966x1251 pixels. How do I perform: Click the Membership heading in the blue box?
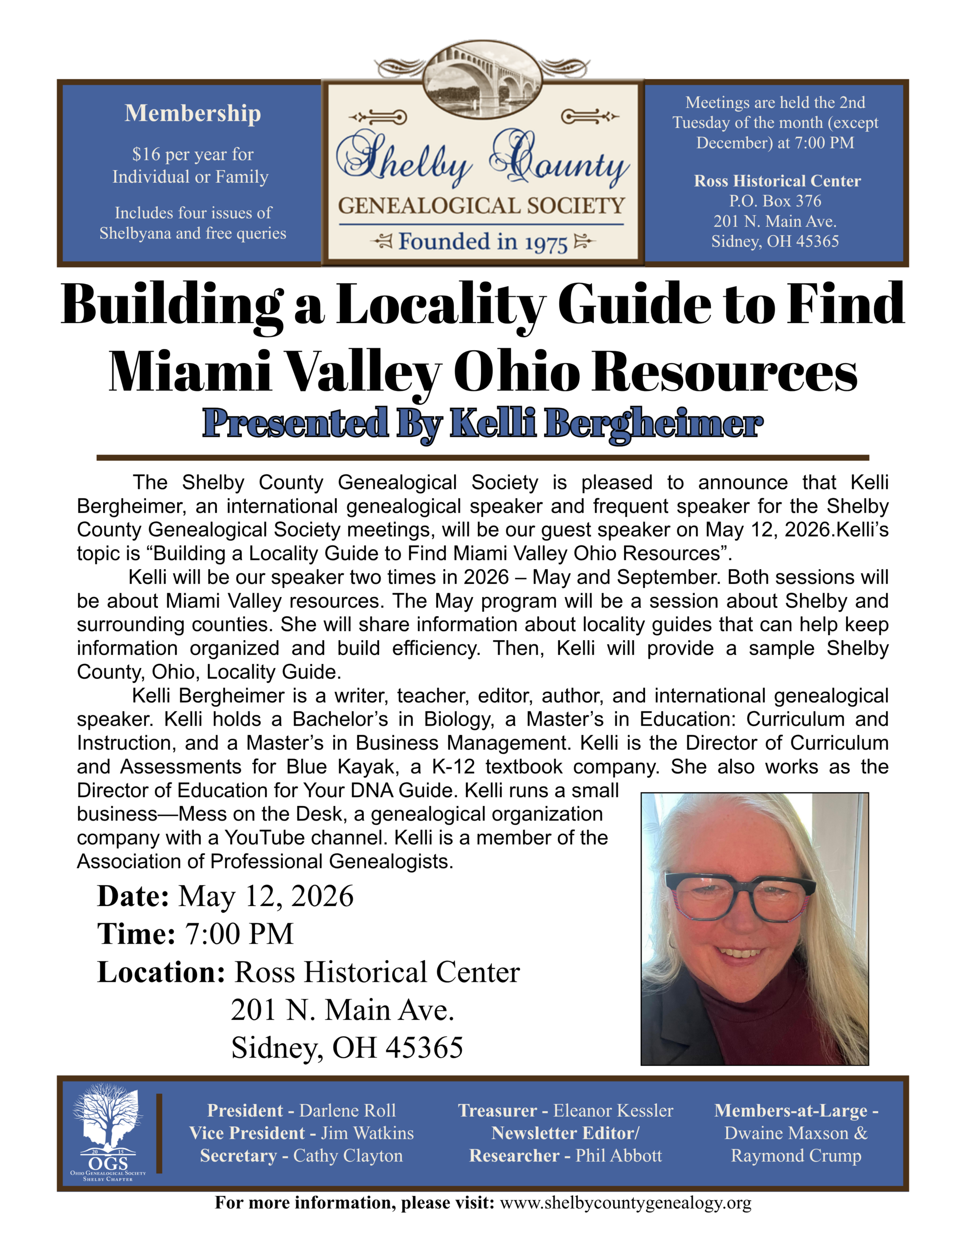pyautogui.click(x=192, y=113)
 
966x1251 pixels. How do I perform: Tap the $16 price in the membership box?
pyautogui.click(x=146, y=154)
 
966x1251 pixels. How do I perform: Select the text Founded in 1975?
pyautogui.click(x=483, y=242)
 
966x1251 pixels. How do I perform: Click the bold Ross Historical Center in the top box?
pyautogui.click(x=777, y=181)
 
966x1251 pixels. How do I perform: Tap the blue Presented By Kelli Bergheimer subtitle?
pyautogui.click(x=482, y=423)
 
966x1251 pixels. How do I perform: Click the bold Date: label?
pyautogui.click(x=133, y=896)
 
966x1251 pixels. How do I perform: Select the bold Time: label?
pyautogui.click(x=136, y=934)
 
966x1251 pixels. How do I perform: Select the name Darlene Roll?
pyautogui.click(x=348, y=1111)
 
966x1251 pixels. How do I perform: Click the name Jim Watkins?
pyautogui.click(x=367, y=1133)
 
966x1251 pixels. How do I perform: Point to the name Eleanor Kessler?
pyautogui.click(x=613, y=1111)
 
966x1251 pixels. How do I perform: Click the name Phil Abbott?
pyautogui.click(x=618, y=1155)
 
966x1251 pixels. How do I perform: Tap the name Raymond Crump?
pyautogui.click(x=796, y=1155)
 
